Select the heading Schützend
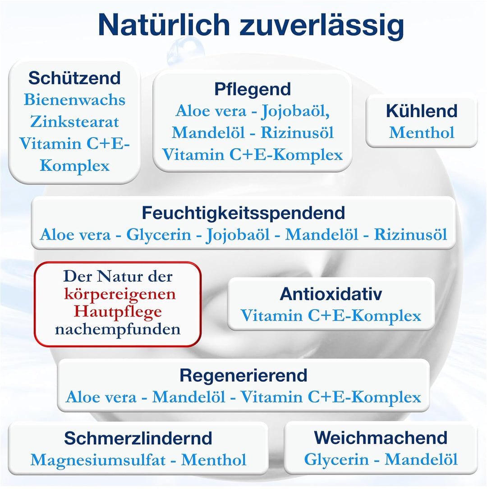click(74, 78)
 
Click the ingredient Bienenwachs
click(74, 100)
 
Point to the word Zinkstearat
click(74, 121)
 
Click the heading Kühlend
click(422, 111)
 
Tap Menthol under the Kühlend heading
click(422, 133)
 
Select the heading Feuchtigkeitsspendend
click(243, 212)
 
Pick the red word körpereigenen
click(119, 294)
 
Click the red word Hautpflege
click(118, 311)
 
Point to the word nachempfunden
click(118, 329)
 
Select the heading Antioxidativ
click(331, 294)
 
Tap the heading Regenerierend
click(243, 375)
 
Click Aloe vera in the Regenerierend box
click(101, 397)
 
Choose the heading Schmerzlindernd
click(138, 438)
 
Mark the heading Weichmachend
click(381, 438)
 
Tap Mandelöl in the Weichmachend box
click(421, 460)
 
